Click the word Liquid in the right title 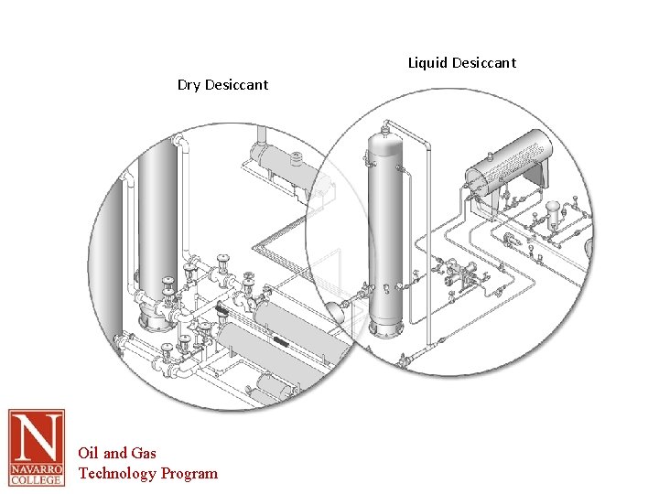click(x=428, y=63)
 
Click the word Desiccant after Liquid click(x=484, y=63)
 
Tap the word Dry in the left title click(x=189, y=85)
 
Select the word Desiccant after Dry click(x=237, y=85)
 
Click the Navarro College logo click(x=37, y=447)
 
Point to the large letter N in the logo click(x=37, y=438)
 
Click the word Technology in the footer click(x=117, y=473)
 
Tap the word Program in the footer click(x=189, y=473)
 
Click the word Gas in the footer click(x=144, y=453)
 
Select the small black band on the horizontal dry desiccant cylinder click(x=279, y=341)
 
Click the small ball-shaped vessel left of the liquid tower click(x=336, y=310)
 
